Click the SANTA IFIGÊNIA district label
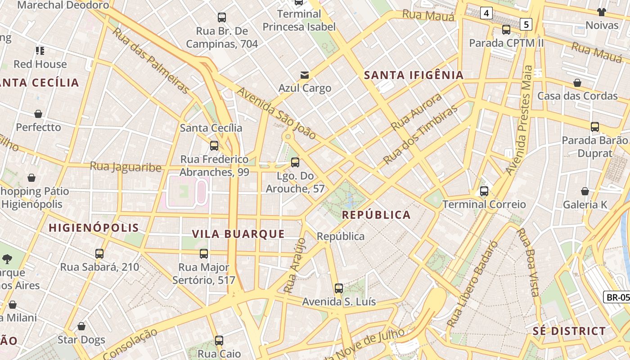tap(414, 75)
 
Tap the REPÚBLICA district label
tap(376, 215)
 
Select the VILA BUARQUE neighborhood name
tap(238, 234)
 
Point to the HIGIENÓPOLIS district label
tap(94, 228)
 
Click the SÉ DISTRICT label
tap(569, 331)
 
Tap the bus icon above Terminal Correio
tap(484, 191)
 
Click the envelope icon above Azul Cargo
tap(305, 75)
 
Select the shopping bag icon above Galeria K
tap(585, 192)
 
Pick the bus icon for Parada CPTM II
tap(506, 30)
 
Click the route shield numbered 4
tap(486, 13)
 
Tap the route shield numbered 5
tap(526, 24)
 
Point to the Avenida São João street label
tap(276, 113)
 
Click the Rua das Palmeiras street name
tap(151, 60)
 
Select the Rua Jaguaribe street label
tap(126, 167)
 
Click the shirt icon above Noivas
tap(602, 12)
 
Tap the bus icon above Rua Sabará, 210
tap(99, 254)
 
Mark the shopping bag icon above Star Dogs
tap(81, 326)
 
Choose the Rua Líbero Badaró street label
tap(472, 284)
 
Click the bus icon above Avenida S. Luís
tap(339, 288)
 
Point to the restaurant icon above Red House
tap(40, 51)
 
